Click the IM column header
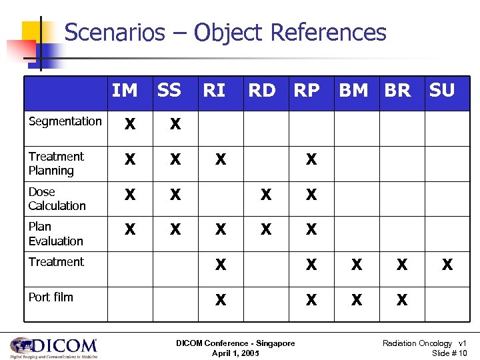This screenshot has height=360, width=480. coord(125,90)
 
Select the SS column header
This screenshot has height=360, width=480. coord(169,90)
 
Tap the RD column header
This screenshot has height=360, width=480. coord(261,90)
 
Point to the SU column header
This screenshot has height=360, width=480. coord(442,90)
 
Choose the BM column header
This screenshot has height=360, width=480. coord(353,90)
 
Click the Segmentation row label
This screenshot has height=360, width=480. coord(65,121)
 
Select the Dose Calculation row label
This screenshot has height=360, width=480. coord(57,199)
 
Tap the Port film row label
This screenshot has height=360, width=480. coord(51,297)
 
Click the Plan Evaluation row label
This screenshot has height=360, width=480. coord(56,234)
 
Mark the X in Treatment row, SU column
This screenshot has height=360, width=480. coord(447,265)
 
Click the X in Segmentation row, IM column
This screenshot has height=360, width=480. coord(130,125)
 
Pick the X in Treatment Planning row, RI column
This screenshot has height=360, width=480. coord(220,160)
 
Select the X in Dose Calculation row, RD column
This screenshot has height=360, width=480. coord(266,195)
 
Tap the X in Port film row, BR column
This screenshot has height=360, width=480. coord(401,301)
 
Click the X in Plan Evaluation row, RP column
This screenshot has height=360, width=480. coord(311,230)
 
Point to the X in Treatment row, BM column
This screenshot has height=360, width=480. coord(357,265)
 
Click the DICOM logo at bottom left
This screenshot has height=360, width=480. coord(53,347)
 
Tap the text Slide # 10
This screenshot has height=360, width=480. coord(449,352)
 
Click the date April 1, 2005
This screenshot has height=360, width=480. coord(235,352)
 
